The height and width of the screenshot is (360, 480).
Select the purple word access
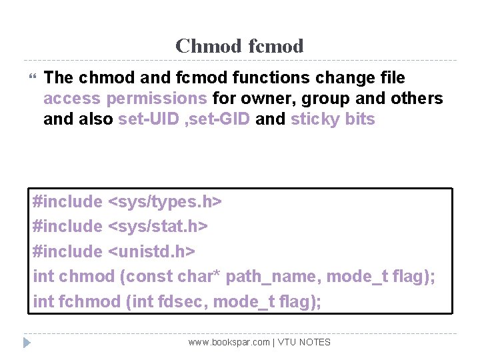coord(72,99)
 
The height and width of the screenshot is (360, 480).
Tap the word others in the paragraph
coord(415,99)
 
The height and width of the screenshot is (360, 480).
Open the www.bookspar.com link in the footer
coord(229,342)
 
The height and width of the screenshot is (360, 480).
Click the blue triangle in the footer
coord(27,343)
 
